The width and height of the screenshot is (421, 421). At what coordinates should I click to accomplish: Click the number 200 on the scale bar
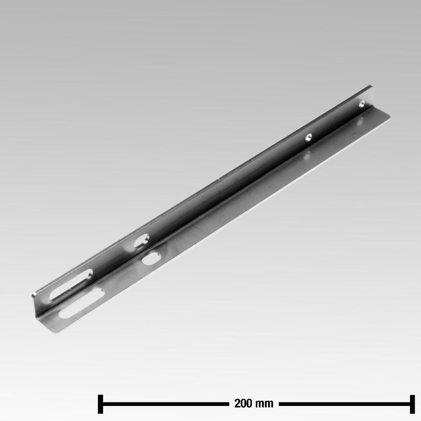point(243,404)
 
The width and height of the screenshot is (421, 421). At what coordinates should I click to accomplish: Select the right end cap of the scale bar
point(412,404)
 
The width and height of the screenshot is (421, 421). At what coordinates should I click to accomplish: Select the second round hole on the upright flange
point(308,138)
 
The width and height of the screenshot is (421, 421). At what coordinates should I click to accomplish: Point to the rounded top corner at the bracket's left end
point(35,294)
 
